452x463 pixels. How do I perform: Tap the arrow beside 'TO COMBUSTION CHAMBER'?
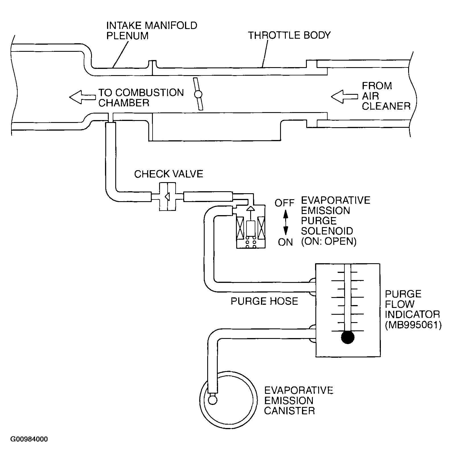click(82, 97)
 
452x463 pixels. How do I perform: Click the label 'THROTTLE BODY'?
click(289, 35)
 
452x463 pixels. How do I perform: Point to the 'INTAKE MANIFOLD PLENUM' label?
click(152, 30)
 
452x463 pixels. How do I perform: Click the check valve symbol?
click(167, 196)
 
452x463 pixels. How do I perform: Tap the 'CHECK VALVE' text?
click(169, 174)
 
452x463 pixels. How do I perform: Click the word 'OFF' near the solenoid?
click(284, 203)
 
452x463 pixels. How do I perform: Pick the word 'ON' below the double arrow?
click(285, 242)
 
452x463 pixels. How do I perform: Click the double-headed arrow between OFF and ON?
click(285, 223)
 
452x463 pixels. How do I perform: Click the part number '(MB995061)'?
click(413, 325)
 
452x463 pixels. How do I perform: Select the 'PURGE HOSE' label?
click(264, 301)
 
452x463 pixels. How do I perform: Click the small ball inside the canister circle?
click(213, 400)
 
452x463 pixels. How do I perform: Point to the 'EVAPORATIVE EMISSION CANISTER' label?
click(298, 400)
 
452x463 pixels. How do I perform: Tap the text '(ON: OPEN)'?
click(328, 241)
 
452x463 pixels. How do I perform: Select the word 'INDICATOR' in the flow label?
click(412, 314)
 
